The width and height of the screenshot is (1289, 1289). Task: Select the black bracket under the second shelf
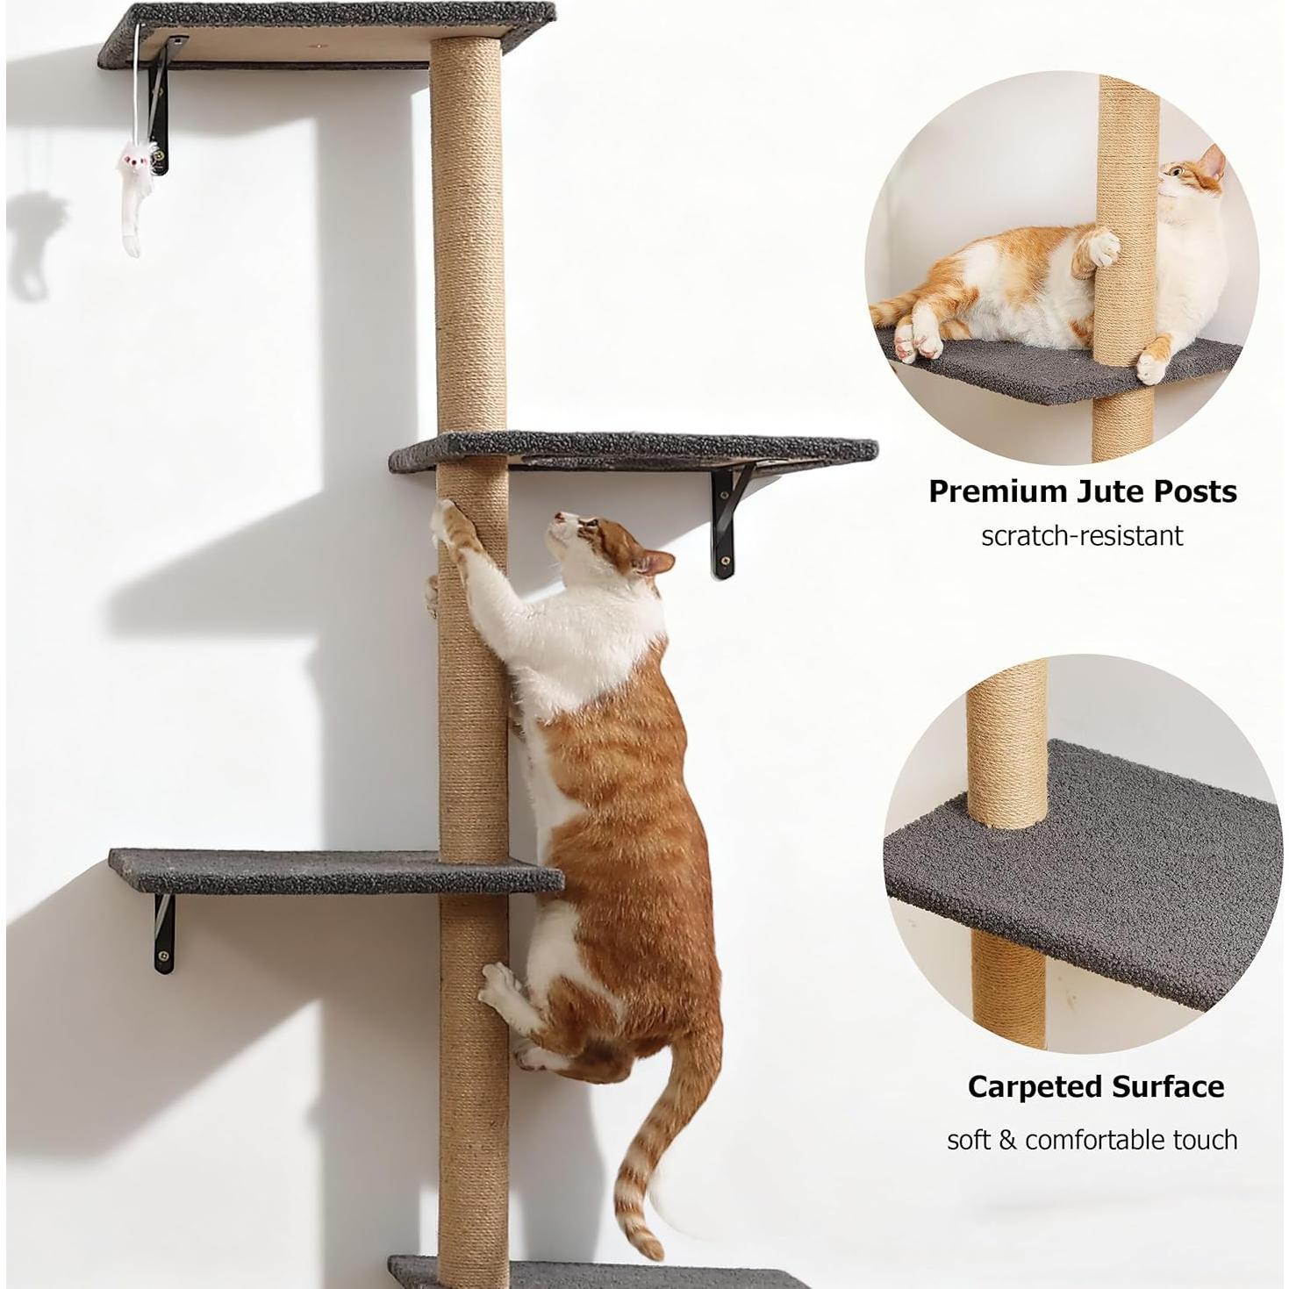728,522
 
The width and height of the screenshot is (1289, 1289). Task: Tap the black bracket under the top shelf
162,110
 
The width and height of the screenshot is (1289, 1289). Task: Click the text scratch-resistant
1081,535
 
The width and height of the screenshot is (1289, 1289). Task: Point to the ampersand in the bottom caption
1008,1140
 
